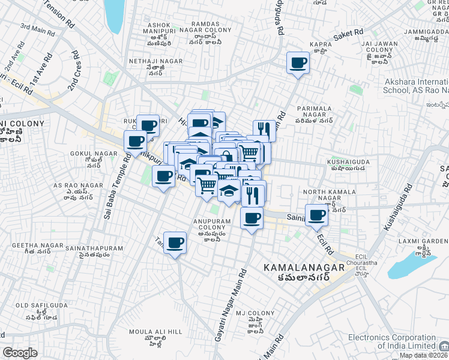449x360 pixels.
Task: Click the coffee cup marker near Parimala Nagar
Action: click(x=298, y=63)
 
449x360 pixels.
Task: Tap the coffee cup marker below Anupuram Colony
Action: click(x=175, y=243)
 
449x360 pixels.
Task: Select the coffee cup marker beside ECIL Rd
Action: click(x=317, y=215)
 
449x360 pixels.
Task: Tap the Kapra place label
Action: click(x=321, y=44)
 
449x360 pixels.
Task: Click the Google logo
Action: click(x=20, y=353)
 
